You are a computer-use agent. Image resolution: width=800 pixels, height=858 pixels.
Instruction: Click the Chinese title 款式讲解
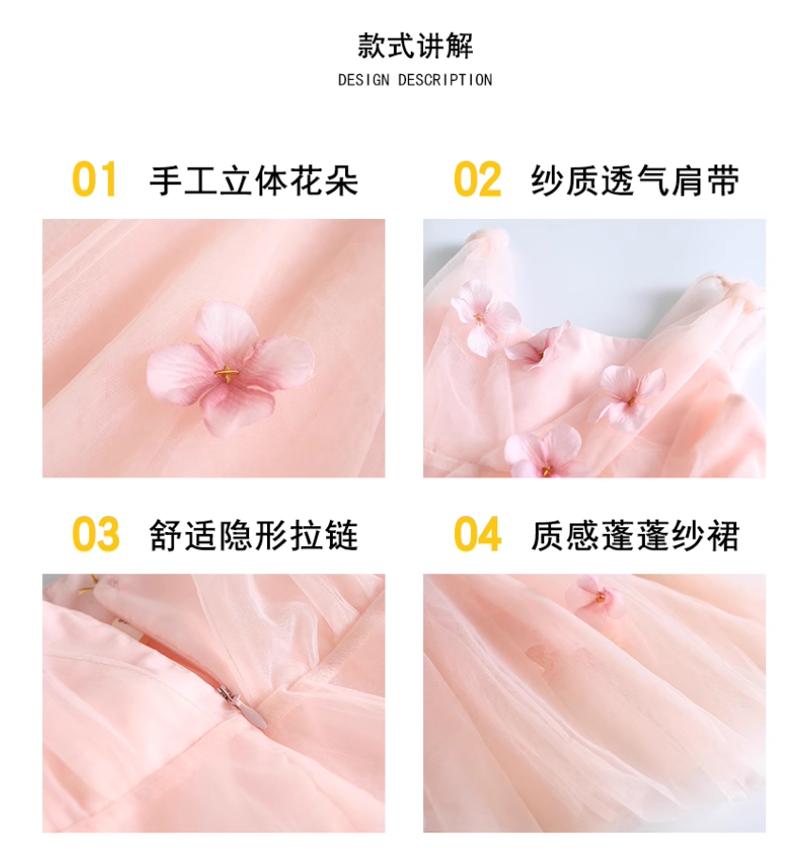(416, 46)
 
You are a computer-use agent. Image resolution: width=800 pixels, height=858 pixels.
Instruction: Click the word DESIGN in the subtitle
(364, 81)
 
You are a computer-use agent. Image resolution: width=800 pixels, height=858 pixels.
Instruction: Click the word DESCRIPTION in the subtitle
(445, 81)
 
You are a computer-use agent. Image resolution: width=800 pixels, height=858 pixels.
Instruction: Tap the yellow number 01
(94, 179)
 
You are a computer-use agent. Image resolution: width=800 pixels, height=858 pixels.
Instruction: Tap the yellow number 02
(478, 179)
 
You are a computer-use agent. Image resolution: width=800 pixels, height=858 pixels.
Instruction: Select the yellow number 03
(95, 534)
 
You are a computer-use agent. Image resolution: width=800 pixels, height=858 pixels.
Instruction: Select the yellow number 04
(478, 534)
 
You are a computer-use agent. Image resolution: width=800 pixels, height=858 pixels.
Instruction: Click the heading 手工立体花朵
(254, 180)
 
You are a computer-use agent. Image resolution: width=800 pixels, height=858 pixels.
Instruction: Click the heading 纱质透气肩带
(635, 180)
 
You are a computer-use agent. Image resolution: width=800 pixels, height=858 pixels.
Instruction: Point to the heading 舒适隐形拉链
(254, 535)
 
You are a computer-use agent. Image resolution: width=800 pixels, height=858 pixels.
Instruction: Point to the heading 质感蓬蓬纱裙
(635, 535)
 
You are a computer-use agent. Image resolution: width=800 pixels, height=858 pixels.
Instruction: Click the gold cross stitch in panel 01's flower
(227, 374)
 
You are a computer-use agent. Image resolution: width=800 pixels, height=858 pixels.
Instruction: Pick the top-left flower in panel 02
(484, 318)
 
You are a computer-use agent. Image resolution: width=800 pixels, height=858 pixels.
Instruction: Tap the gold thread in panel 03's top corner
(87, 585)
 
